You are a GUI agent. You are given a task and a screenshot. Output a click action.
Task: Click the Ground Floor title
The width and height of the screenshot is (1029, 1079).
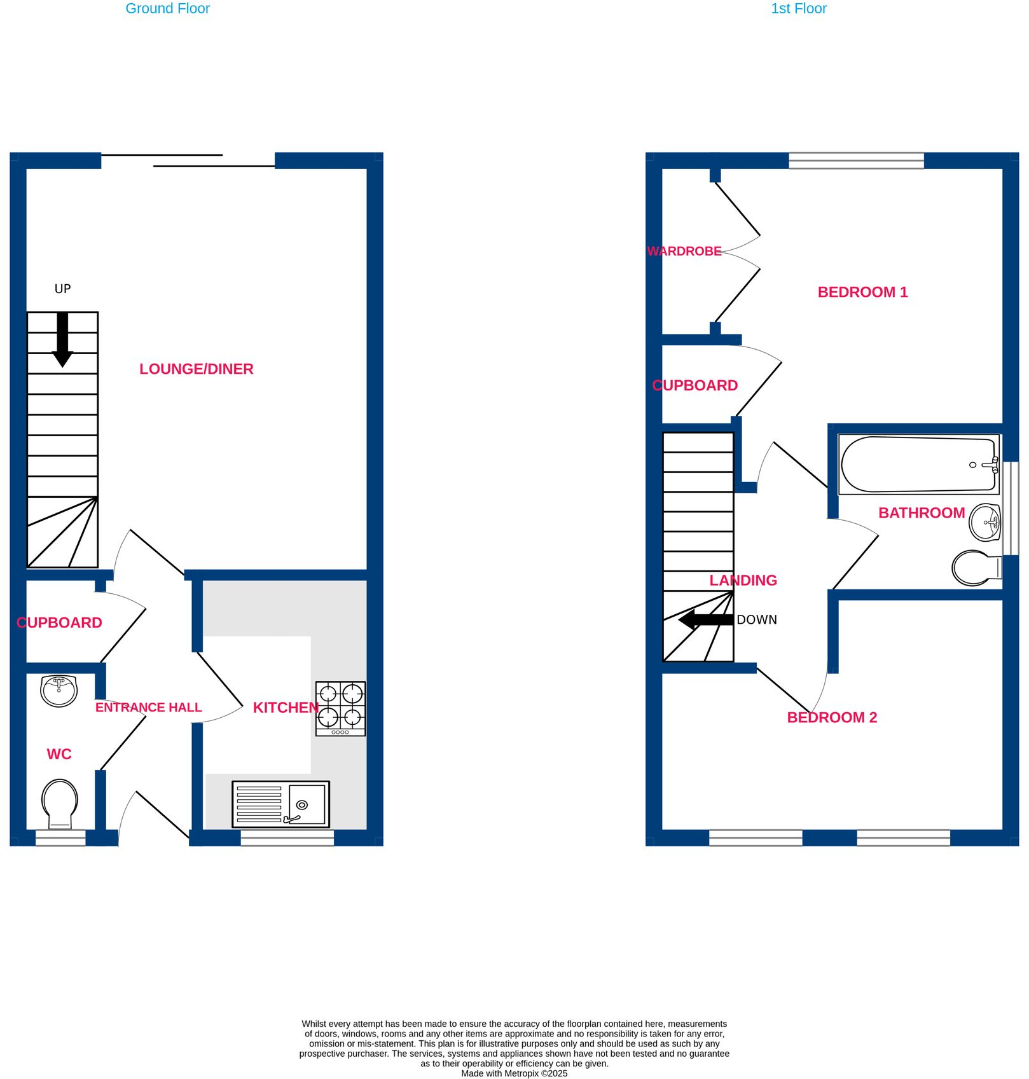[167, 9]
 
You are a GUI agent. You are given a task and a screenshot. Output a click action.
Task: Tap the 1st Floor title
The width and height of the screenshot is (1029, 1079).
[798, 9]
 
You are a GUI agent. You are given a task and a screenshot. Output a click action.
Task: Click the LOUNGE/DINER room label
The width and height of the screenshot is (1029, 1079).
[196, 369]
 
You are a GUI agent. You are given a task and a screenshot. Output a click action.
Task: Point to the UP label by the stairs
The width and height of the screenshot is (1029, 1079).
[62, 289]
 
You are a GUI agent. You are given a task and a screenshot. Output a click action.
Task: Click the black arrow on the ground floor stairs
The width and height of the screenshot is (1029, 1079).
[62, 339]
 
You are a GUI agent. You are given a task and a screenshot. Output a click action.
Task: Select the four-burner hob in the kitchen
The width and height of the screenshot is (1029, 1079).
[340, 708]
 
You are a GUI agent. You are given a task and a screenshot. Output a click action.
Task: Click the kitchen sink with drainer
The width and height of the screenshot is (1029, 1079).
[280, 804]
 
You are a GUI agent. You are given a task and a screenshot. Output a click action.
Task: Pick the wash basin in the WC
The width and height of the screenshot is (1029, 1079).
[59, 691]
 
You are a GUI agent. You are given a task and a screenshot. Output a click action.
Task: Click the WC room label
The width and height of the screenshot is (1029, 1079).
[59, 754]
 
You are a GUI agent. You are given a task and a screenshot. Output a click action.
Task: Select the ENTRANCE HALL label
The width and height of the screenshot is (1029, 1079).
[148, 708]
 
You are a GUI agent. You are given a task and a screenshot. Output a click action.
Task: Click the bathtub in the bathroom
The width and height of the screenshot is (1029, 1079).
[919, 464]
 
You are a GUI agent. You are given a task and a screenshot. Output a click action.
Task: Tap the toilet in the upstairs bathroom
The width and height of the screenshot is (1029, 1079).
[976, 567]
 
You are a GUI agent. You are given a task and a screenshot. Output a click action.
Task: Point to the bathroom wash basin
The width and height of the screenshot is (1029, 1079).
[984, 522]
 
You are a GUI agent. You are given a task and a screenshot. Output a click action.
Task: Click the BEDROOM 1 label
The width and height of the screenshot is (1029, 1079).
[862, 292]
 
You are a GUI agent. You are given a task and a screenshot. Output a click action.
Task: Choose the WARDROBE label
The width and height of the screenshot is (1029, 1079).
[684, 251]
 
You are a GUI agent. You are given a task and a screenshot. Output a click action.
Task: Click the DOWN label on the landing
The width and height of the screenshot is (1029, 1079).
[757, 620]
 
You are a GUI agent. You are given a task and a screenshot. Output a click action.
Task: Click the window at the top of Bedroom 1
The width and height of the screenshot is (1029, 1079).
[856, 160]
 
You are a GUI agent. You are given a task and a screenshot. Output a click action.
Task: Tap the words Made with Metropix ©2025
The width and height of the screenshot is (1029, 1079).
[514, 1073]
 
